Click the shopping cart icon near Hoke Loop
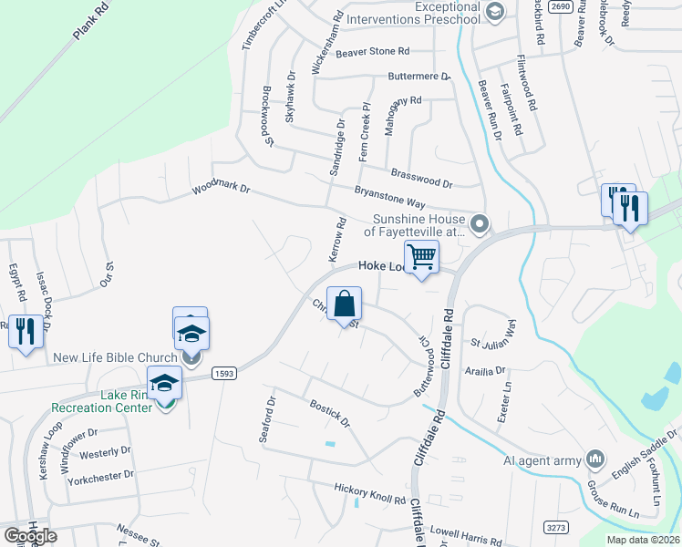[x=421, y=257]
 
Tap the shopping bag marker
[x=345, y=304]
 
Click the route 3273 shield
[x=556, y=527]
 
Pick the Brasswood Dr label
[x=421, y=177]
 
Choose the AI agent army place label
[x=542, y=460]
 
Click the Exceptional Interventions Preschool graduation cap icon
[x=495, y=12]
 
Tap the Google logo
[x=30, y=535]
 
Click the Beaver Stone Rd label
[x=373, y=52]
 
